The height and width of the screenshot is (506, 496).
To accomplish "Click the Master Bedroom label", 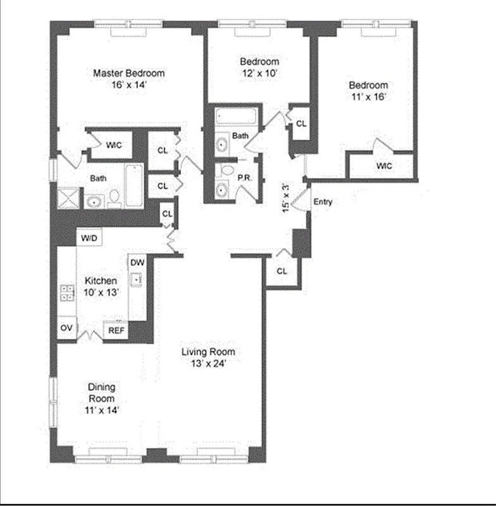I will (128, 73).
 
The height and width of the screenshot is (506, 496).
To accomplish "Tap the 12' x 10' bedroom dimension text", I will (259, 73).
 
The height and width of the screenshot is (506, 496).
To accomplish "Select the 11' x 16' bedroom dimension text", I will (368, 97).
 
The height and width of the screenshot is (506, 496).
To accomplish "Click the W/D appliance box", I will (89, 238).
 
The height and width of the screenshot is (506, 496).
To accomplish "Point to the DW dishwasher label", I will (137, 262).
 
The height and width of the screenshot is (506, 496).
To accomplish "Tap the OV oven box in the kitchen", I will (66, 328).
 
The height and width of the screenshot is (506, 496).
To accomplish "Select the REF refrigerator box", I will (116, 330).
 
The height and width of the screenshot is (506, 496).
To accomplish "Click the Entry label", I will (323, 202).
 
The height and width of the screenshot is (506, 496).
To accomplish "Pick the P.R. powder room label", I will (245, 179).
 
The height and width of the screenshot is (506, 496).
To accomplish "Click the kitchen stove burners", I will (66, 292).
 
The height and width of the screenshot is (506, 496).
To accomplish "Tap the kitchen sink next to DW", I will (137, 279).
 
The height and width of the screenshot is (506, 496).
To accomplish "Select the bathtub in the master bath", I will (133, 185).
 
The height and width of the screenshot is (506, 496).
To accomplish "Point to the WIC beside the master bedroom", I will (114, 145).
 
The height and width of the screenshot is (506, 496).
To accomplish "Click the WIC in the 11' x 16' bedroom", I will (384, 166).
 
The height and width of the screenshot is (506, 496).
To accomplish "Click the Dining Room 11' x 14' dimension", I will (101, 410).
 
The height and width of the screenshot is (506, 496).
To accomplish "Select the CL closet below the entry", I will (282, 271).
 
